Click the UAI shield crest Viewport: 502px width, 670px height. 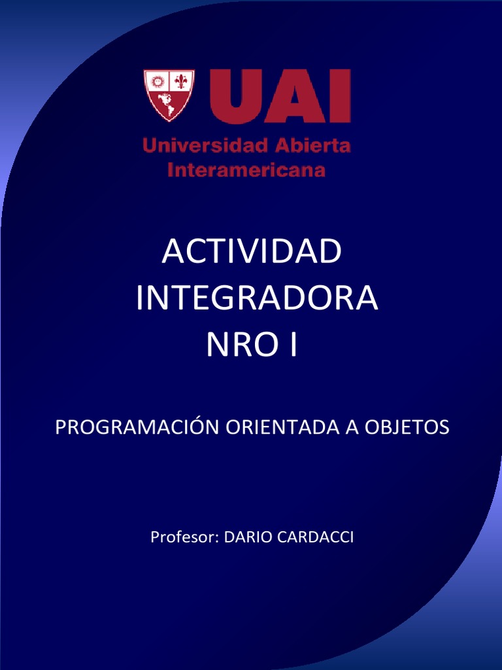tap(169, 96)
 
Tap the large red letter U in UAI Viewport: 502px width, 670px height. tap(233, 96)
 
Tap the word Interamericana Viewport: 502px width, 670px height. tap(246, 170)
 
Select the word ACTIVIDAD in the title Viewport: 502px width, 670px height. tap(252, 253)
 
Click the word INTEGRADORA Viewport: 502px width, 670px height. tap(257, 299)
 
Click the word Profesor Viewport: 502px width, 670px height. tap(184, 537)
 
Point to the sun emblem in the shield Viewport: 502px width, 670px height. tap(157, 82)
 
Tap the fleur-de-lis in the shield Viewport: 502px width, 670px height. tap(180, 82)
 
